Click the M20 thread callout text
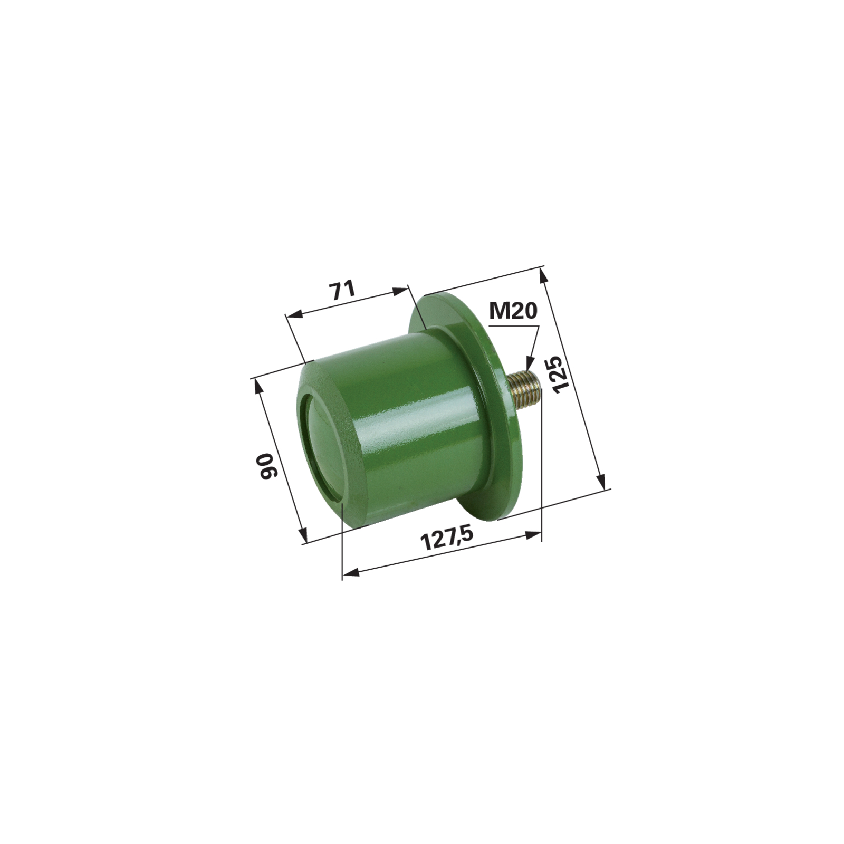[x=512, y=312]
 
